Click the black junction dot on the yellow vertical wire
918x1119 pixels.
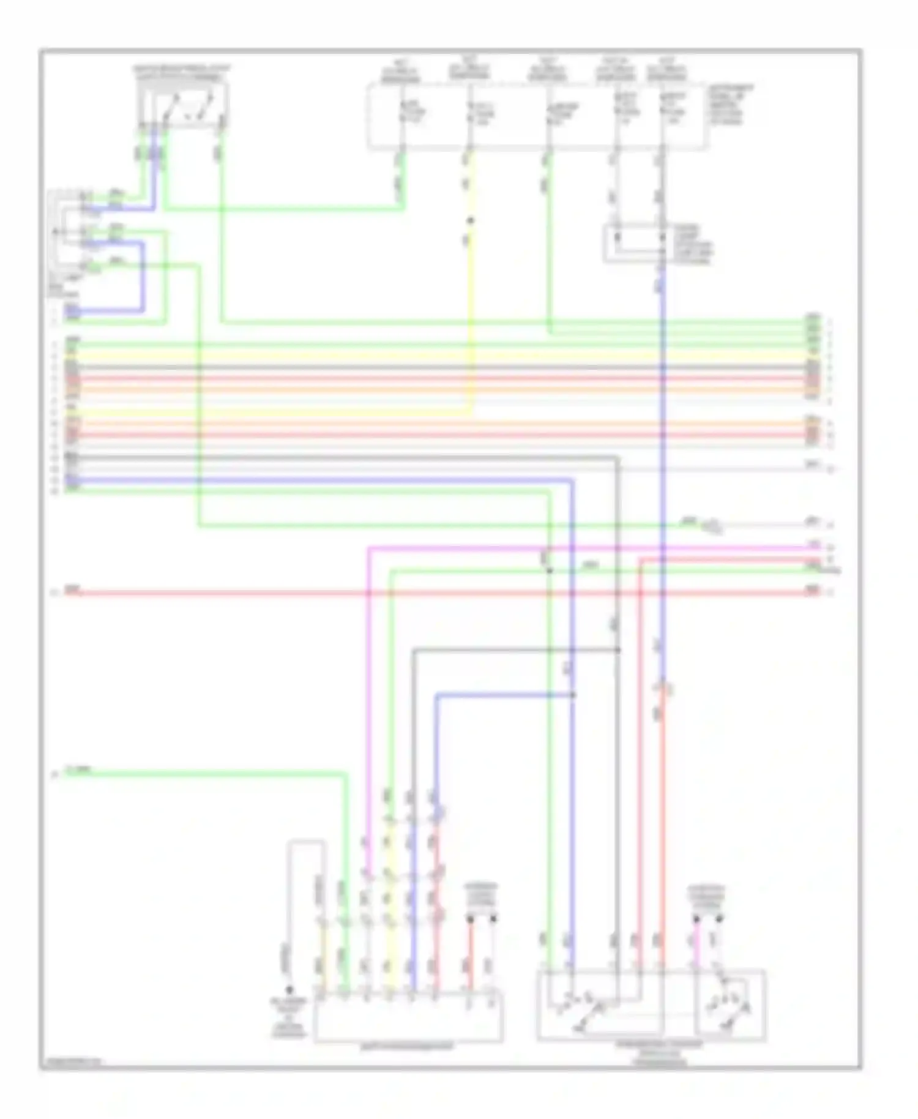[x=470, y=220]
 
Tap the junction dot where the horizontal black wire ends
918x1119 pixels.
[x=618, y=649]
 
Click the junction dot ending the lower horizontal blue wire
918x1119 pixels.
[x=573, y=695]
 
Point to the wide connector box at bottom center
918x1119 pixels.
[x=408, y=1017]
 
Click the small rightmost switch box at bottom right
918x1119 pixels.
[x=730, y=1005]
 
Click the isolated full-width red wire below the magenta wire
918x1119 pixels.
[x=428, y=593]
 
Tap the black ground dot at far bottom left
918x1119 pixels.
[x=289, y=990]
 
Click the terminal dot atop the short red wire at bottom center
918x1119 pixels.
[x=470, y=919]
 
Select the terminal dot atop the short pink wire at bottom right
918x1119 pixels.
[x=696, y=919]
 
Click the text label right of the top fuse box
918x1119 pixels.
[x=731, y=105]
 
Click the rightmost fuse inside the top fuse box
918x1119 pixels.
[x=662, y=113]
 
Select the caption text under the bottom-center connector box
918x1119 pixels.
[x=408, y=1047]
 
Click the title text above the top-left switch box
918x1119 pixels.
[x=182, y=72]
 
